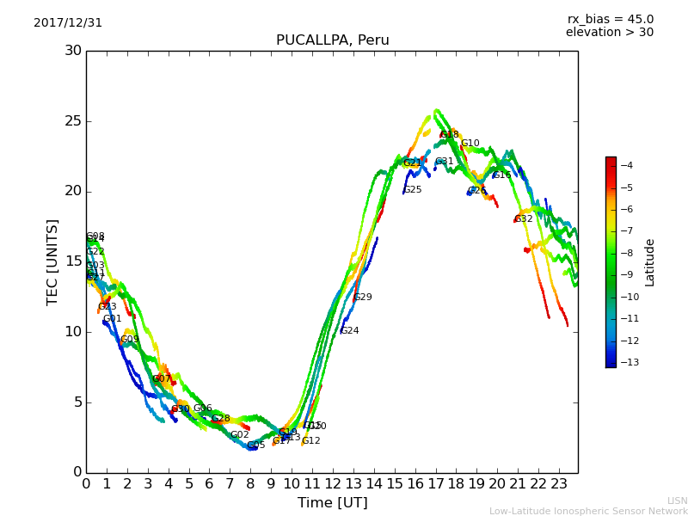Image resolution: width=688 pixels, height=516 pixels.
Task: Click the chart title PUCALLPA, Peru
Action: (x=332, y=40)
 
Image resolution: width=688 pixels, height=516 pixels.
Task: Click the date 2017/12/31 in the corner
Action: (x=68, y=23)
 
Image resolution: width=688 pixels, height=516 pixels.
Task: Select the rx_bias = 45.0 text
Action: (x=610, y=19)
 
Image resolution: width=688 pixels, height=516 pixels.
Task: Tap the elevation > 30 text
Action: (x=609, y=33)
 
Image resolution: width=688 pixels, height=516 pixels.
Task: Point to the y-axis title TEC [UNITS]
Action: (x=52, y=261)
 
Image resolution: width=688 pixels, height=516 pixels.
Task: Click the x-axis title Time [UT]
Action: (x=332, y=503)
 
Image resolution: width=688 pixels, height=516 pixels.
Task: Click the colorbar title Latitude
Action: (x=650, y=262)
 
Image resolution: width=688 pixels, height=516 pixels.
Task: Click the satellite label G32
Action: (x=524, y=219)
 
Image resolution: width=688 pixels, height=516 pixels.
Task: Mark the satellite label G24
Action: (x=350, y=331)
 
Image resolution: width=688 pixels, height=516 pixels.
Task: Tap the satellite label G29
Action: (x=363, y=298)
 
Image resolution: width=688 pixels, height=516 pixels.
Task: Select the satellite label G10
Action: (x=470, y=144)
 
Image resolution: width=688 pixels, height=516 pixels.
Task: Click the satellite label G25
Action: (x=413, y=190)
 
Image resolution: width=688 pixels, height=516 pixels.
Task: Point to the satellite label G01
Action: (x=113, y=319)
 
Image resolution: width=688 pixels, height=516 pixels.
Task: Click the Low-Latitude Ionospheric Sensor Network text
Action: (x=588, y=511)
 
